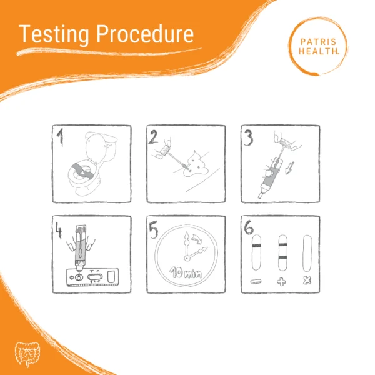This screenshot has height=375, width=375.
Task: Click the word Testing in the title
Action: pos(54,34)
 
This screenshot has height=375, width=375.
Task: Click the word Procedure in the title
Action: pos(145,34)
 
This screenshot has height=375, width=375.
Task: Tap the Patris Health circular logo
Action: pos(318,46)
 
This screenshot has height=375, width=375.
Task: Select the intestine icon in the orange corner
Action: pos(27,354)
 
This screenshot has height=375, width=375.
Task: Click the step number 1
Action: pos(60,137)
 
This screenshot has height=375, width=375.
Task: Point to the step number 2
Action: pos(153,137)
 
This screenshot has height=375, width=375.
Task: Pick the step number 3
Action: pos(248,138)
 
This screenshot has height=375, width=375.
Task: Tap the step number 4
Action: pos(59,231)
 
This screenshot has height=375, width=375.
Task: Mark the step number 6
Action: pos(249,227)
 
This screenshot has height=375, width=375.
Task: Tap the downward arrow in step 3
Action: pos(289,168)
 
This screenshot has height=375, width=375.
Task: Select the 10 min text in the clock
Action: pos(186,272)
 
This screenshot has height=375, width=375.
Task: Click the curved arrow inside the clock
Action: pos(197,239)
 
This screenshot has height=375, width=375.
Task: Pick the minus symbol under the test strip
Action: pos(256,282)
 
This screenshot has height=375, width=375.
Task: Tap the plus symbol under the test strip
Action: pos(281,282)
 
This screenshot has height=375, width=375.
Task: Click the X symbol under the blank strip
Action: pos(307,280)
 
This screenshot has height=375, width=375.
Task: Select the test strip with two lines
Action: pos(282,253)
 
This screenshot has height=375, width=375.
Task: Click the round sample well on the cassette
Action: pos(79,277)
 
